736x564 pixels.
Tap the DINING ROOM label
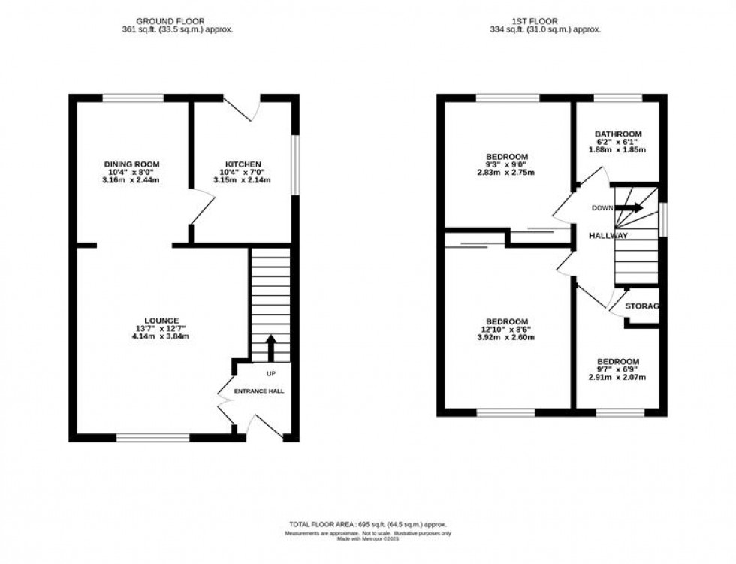131,164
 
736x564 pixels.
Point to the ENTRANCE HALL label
258,392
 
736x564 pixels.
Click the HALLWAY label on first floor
608,236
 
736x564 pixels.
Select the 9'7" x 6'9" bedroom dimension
617,369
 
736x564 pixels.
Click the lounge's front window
152,437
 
